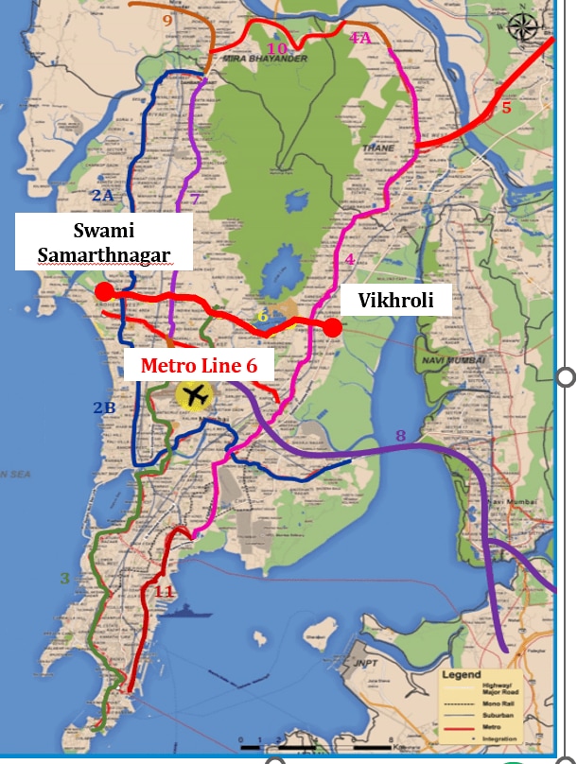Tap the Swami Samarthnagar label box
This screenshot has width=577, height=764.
103,243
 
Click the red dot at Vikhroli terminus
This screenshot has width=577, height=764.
333,327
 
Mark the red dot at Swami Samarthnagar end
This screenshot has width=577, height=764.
104,292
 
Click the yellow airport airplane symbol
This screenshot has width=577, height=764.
197,395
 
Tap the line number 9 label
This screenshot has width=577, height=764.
168,20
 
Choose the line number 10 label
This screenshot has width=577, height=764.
276,48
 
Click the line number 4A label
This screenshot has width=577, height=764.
360,38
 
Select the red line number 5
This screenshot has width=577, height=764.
506,108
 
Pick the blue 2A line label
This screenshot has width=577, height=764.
102,195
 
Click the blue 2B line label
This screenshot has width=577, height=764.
104,408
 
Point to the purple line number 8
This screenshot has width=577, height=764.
400,436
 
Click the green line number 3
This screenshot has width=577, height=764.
65,578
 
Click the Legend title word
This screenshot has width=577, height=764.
463,675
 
